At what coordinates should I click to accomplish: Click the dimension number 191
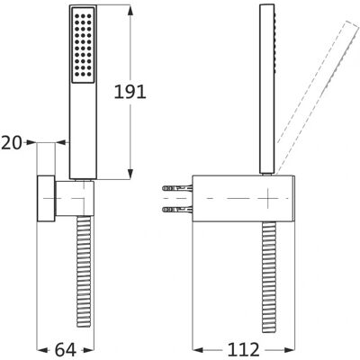point(130,92)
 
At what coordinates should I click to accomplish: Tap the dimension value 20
point(12,143)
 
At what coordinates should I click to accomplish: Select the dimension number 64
point(66,350)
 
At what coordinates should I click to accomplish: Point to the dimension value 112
point(243,350)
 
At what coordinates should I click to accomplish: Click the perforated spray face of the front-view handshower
point(83,45)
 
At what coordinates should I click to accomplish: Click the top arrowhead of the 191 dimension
point(130,11)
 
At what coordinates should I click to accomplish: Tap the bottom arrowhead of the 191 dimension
point(130,175)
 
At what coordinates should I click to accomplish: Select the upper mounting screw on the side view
point(177,188)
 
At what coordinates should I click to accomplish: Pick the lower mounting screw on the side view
point(177,209)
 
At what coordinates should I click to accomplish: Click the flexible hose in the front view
point(84,272)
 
